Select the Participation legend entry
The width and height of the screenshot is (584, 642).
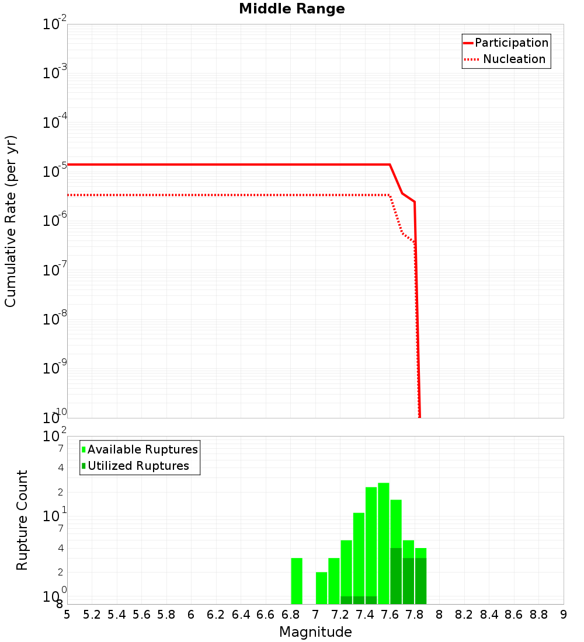tap(505, 43)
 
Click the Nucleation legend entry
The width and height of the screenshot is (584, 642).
tap(505, 59)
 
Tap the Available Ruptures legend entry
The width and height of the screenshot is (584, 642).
tap(140, 449)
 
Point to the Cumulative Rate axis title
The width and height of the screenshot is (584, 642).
tap(11, 221)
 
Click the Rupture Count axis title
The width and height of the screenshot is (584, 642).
tap(22, 520)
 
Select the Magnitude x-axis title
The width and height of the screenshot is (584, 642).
tap(315, 632)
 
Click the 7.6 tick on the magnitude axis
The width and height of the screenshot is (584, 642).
tap(390, 615)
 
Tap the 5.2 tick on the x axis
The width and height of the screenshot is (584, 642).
tap(92, 615)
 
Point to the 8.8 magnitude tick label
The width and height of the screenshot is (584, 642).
tap(538, 615)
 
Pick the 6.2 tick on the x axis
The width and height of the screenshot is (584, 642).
tap(216, 615)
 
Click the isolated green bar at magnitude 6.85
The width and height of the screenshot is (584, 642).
tap(297, 581)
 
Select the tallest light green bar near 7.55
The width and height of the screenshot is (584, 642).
tap(383, 543)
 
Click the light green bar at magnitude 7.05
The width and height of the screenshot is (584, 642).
tap(321, 588)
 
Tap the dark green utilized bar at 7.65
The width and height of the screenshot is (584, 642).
tap(396, 576)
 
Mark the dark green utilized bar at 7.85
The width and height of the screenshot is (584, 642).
tap(420, 581)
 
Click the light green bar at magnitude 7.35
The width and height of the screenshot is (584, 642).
tap(359, 554)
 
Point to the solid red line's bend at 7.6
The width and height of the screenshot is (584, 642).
tap(390, 165)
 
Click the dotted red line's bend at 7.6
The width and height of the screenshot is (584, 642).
tap(390, 195)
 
